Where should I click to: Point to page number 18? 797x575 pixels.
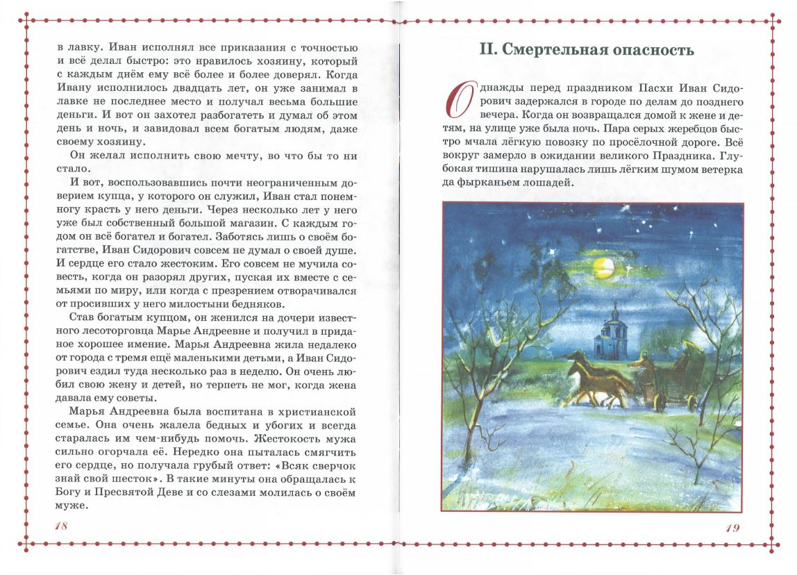pyautogui.click(x=61, y=526)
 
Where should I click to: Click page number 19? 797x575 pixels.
pyautogui.click(x=732, y=527)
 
